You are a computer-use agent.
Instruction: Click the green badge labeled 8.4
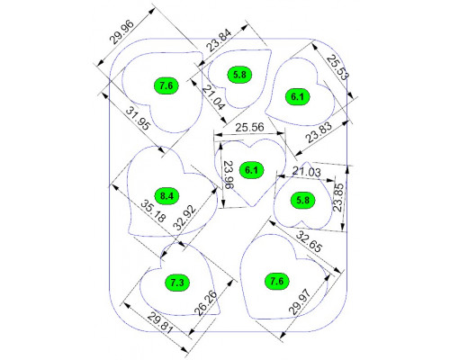166,196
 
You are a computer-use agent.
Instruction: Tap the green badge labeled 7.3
177,283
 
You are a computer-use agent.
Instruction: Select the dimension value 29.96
121,32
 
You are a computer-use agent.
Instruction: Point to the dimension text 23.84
220,40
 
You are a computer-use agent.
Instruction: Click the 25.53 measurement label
337,67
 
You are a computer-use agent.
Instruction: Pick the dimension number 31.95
138,119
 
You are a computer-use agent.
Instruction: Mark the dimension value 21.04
213,97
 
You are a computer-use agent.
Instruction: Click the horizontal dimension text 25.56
249,127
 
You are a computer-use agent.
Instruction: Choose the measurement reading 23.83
319,132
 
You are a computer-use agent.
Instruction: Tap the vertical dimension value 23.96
229,175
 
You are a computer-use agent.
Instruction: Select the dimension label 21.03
307,172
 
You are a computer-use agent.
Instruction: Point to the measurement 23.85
339,198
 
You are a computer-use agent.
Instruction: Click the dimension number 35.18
153,211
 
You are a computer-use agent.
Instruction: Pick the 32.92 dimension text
185,218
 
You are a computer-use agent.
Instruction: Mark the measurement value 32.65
309,241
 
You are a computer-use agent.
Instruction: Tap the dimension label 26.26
206,302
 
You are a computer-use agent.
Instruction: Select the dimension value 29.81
160,322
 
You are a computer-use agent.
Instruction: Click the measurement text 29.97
299,301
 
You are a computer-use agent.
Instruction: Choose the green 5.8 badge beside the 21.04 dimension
239,75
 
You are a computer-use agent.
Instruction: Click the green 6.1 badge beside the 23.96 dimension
251,170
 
